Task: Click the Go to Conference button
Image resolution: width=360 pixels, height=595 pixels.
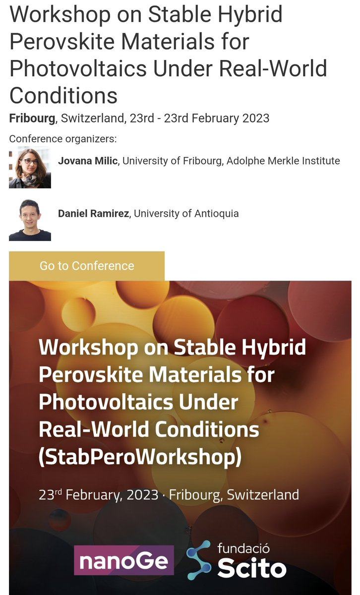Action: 87,266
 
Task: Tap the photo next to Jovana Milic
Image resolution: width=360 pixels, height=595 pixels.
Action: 30,168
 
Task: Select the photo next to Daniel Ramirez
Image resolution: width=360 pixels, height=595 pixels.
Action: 30,220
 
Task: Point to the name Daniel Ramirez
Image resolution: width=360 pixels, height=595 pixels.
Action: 94,214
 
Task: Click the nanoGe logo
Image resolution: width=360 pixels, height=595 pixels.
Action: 124,561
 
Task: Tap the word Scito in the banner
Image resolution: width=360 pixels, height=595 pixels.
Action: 252,568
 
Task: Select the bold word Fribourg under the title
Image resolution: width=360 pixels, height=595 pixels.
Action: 31,119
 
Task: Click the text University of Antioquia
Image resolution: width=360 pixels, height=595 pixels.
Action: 186,214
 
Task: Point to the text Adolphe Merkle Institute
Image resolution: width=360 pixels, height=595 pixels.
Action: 283,161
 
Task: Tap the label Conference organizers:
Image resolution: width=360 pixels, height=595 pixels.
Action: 62,138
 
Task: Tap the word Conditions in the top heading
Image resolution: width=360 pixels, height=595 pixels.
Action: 63,94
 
